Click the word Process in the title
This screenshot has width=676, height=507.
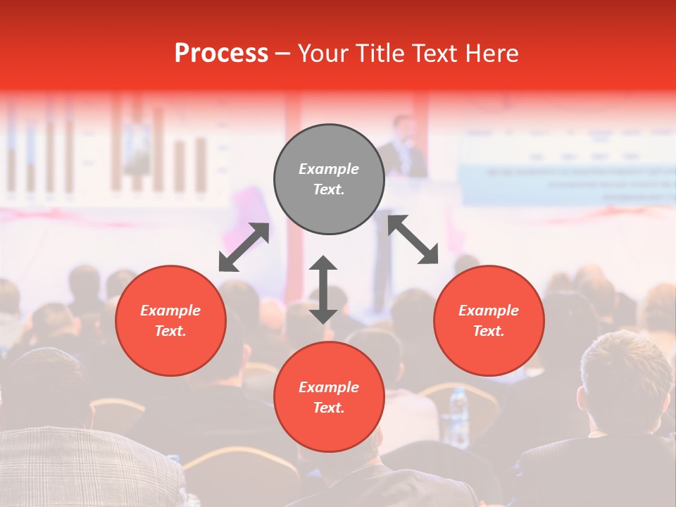tap(221, 54)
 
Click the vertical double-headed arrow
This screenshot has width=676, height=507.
tap(323, 289)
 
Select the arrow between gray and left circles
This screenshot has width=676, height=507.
tap(244, 247)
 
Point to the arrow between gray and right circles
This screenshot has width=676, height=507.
tap(413, 239)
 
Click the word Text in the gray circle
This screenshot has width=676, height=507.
tap(329, 189)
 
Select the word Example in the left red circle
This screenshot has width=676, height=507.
tap(170, 311)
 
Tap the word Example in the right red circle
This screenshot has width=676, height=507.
tap(489, 311)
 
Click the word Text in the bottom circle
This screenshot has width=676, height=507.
tap(329, 408)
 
